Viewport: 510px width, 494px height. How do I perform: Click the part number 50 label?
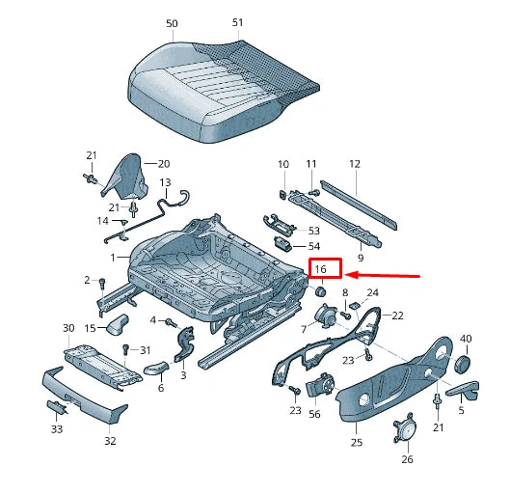[x=172, y=22]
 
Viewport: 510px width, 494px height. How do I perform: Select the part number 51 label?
[x=238, y=22]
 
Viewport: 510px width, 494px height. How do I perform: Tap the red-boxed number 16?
[x=322, y=269]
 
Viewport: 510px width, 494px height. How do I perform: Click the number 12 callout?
[x=354, y=164]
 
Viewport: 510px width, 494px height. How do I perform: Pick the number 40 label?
[x=466, y=339]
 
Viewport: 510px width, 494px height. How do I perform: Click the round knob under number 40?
[x=461, y=361]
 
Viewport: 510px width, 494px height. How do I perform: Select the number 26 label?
[x=406, y=459]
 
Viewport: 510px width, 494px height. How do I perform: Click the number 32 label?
[x=110, y=441]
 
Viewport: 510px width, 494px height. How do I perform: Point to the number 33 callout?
[x=57, y=428]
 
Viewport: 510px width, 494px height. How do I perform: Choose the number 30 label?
[x=68, y=328]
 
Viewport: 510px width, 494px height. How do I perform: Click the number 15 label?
[x=90, y=328]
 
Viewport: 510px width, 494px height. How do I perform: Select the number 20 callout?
[x=163, y=164]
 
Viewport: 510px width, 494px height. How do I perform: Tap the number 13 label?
[x=165, y=181]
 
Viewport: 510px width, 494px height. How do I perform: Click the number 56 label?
[x=315, y=413]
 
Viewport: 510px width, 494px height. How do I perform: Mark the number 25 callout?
[x=356, y=442]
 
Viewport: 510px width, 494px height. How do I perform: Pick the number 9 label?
[x=360, y=259]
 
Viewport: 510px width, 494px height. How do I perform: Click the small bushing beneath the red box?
[x=323, y=289]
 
